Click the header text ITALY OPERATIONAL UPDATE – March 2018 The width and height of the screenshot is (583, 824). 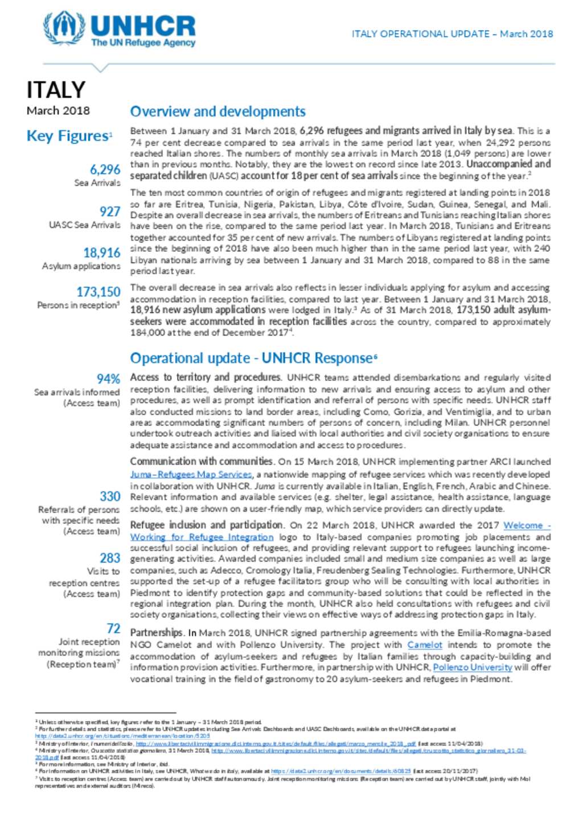[x=452, y=34]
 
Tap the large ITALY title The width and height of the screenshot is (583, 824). [x=56, y=90]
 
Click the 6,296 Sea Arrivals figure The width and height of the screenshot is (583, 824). [x=105, y=169]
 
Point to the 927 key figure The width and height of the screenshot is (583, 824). [x=110, y=212]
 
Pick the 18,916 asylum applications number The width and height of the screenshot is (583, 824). [x=102, y=252]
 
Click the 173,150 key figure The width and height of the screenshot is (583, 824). [x=98, y=292]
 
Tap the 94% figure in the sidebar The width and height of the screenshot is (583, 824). [x=108, y=379]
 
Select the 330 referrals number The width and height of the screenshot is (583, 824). [x=110, y=496]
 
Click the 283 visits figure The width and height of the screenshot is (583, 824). [x=110, y=558]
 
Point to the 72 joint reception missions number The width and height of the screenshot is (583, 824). [x=113, y=628]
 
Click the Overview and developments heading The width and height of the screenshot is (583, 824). [x=217, y=111]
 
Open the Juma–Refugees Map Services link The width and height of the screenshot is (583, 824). [x=191, y=474]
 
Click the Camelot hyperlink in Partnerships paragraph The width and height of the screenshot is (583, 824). [x=425, y=645]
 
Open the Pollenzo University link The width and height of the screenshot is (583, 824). [x=473, y=667]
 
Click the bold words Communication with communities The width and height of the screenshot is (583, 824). [x=202, y=462]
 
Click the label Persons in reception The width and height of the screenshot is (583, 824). [x=77, y=305]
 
